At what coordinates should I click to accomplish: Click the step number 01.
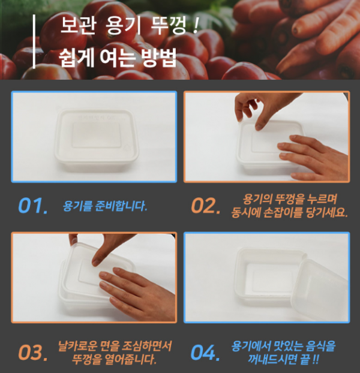coord(32,206)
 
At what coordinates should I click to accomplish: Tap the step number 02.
coord(206,206)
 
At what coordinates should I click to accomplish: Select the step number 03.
coord(32,352)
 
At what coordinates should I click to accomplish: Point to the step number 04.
coord(206,352)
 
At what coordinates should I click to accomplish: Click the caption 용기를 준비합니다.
coord(105,206)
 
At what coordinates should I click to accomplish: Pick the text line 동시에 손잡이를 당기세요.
coord(290,213)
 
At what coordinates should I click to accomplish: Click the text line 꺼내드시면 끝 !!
coord(282,360)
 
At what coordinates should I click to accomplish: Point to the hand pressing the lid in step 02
coord(315,153)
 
